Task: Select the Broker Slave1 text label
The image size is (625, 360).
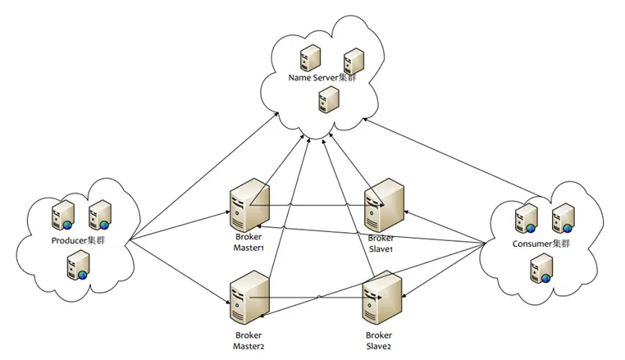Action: pos(382,243)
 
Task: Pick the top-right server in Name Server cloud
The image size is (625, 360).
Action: pos(354,60)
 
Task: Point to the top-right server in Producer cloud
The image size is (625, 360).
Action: pos(100,215)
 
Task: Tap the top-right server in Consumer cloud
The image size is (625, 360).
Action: pos(563,217)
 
